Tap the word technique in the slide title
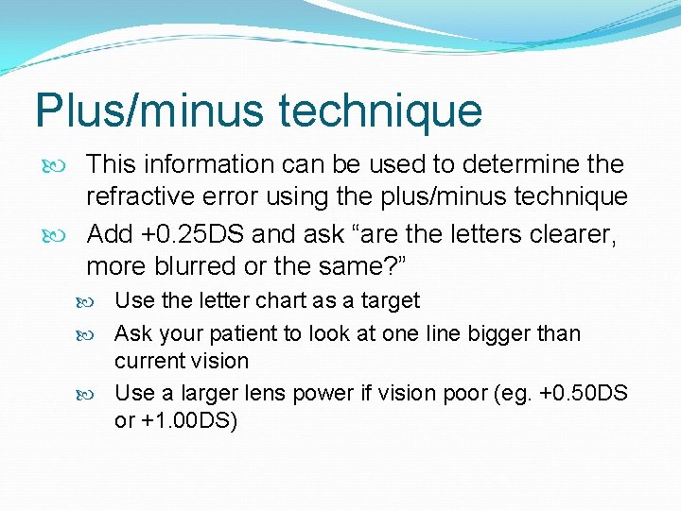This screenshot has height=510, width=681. [x=379, y=110]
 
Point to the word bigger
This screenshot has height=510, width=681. [x=497, y=333]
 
